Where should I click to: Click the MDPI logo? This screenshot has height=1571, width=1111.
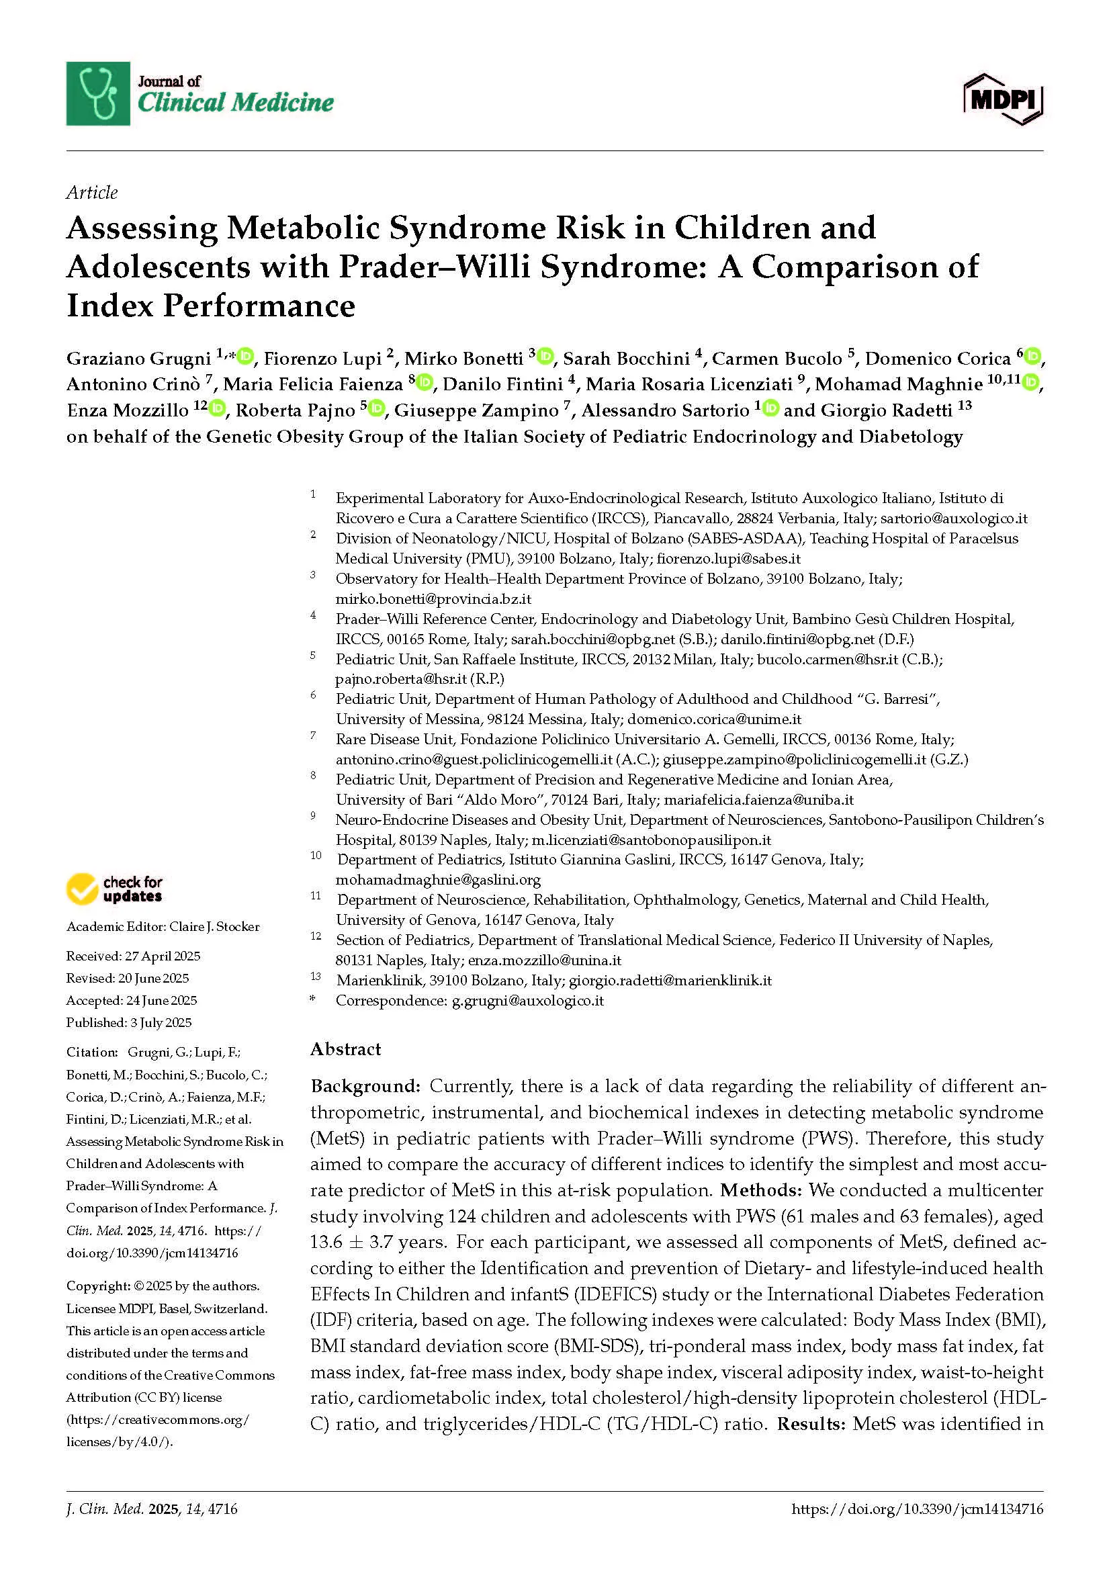1003,99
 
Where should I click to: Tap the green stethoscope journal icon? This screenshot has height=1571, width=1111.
98,94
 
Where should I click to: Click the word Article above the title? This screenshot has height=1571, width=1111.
91,192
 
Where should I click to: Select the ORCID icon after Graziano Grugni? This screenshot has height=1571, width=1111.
246,356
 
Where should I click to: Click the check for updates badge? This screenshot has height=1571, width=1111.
115,889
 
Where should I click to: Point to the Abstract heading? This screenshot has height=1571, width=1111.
345,1049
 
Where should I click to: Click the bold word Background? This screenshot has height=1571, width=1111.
365,1086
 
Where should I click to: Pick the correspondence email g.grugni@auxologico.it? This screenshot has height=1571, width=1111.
527,1000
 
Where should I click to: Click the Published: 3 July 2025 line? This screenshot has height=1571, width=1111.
128,1022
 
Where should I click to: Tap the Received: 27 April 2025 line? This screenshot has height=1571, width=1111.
133,956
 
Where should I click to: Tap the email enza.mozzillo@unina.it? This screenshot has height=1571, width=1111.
545,960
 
